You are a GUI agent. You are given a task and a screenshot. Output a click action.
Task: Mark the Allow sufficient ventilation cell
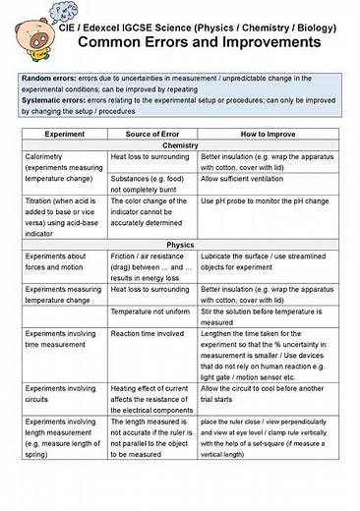252,180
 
